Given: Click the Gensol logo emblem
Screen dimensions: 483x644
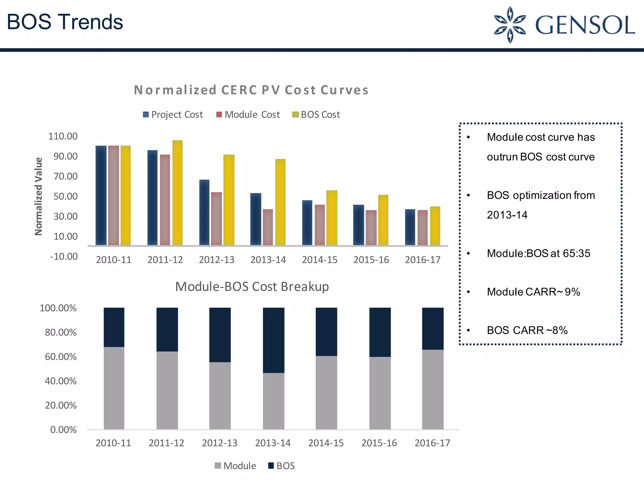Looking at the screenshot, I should tap(510, 25).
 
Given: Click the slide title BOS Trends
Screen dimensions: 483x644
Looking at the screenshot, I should tap(65, 22).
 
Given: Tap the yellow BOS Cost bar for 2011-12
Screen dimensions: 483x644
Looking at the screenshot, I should tap(177, 192).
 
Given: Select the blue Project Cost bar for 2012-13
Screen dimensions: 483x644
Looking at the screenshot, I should tap(204, 212).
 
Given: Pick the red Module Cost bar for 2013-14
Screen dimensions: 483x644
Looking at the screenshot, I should tap(268, 227).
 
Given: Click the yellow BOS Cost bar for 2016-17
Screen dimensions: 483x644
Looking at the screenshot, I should tap(435, 226).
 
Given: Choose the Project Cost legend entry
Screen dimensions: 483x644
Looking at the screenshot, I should tap(173, 114).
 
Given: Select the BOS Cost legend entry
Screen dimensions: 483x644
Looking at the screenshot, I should tap(316, 114).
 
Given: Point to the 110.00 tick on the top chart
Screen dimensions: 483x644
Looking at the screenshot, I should tap(63, 136).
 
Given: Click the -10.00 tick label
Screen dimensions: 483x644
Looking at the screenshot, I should tap(64, 256).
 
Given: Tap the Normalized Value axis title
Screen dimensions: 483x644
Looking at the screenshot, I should tap(38, 196).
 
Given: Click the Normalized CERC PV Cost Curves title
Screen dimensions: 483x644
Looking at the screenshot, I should tap(251, 90).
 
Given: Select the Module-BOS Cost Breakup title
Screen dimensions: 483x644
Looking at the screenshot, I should tap(252, 286).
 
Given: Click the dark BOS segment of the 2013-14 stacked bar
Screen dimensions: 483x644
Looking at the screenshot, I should tap(274, 340).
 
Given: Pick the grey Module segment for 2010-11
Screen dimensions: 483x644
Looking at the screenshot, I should tap(114, 388).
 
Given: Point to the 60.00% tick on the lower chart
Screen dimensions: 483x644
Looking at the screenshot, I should tap(61, 357).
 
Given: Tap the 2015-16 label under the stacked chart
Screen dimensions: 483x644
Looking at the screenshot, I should tap(379, 443).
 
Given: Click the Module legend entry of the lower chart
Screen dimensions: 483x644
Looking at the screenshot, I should tap(236, 466).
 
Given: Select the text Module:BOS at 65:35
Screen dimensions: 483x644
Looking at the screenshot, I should tap(538, 253).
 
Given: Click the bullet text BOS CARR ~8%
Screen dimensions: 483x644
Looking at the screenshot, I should tap(527, 330).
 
